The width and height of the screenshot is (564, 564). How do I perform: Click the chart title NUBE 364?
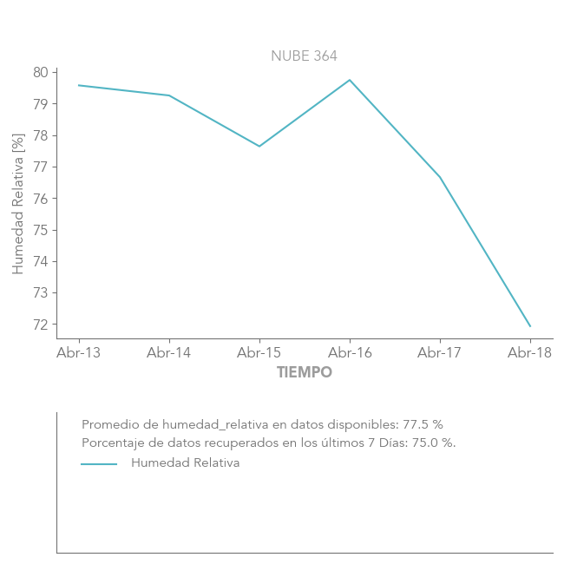[x=304, y=56]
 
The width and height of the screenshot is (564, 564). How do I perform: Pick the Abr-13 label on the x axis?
[x=79, y=352]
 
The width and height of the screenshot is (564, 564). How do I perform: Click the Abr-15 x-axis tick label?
[x=259, y=352]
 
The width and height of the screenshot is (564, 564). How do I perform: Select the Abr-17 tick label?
[x=440, y=352]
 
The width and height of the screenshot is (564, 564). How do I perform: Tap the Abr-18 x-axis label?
[x=529, y=352]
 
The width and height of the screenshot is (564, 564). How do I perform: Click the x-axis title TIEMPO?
[x=304, y=373]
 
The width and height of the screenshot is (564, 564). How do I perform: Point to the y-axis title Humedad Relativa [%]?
[x=18, y=204]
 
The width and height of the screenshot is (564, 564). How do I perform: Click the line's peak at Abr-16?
[x=350, y=80]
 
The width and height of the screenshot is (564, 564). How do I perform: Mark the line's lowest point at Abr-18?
[x=530, y=327]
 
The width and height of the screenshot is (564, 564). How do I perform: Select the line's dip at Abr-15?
[x=259, y=146]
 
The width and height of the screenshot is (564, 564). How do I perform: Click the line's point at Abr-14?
[x=169, y=95]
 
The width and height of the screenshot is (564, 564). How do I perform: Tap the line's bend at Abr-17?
[x=440, y=177]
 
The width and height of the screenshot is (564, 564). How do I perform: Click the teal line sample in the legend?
[x=99, y=464]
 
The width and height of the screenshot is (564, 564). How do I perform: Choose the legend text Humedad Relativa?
[x=185, y=463]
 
